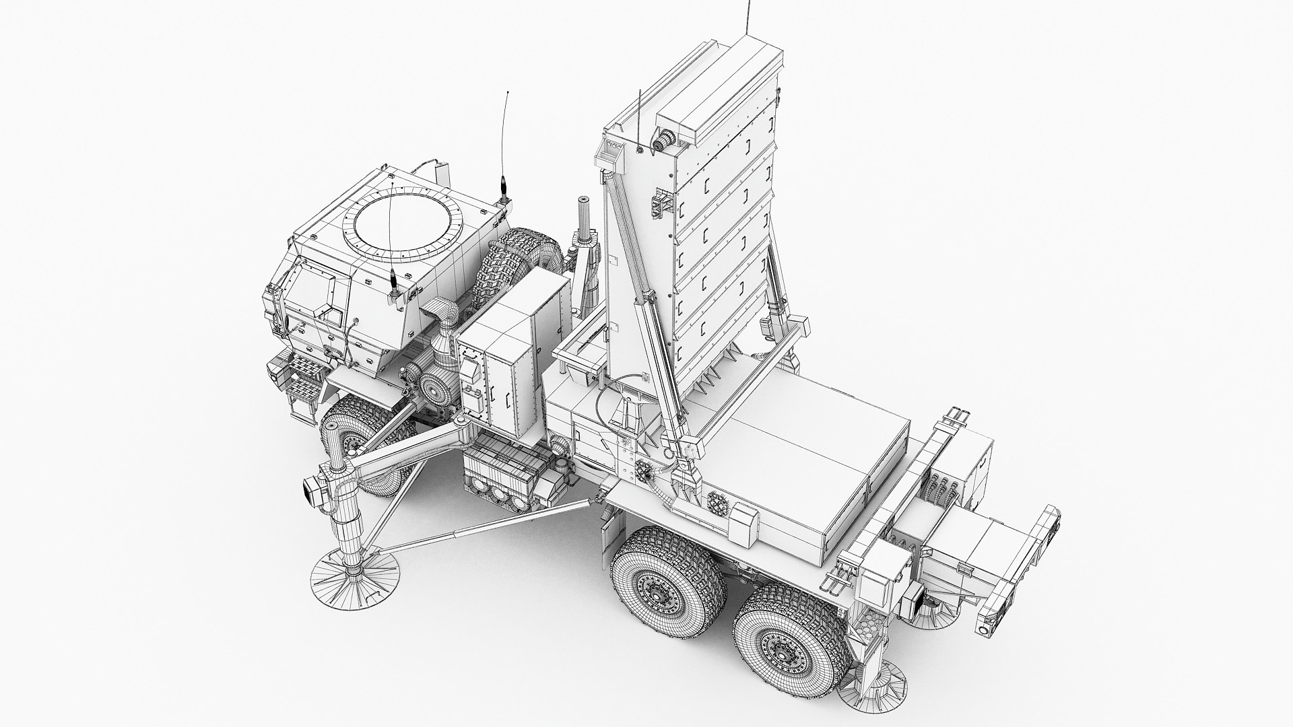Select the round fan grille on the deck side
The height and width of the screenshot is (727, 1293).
coord(718,502)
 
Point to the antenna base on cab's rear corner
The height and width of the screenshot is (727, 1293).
coord(502,199)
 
